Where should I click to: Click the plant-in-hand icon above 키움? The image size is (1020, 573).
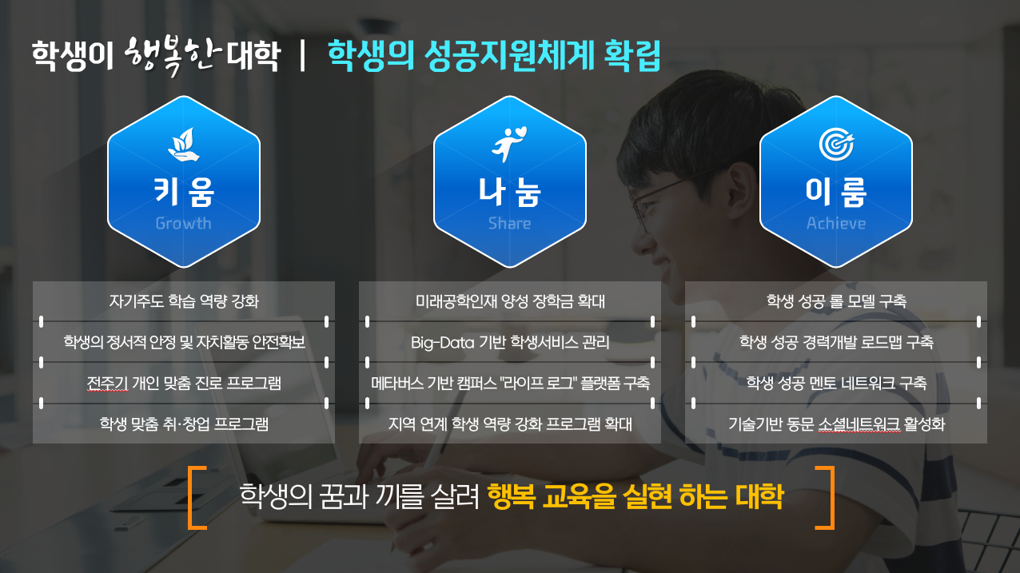(182, 145)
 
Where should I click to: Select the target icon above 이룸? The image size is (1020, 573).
(835, 145)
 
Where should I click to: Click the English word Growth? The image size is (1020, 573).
(183, 224)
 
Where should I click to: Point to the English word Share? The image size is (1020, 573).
(509, 224)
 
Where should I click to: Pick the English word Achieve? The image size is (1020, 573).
(835, 224)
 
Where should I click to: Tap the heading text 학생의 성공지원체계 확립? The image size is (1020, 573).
(494, 56)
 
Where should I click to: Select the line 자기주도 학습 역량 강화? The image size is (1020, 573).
(183, 302)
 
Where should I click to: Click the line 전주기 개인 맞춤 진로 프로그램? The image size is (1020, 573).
(183, 383)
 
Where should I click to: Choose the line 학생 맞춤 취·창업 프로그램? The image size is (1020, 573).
(183, 424)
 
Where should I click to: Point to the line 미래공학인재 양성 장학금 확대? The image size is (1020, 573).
(510, 302)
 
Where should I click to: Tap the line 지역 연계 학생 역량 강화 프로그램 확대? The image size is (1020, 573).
(510, 424)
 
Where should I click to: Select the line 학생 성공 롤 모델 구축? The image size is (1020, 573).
(836, 302)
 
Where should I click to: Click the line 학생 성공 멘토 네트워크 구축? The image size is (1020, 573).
(836, 383)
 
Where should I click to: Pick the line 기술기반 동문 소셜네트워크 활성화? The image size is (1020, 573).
(836, 424)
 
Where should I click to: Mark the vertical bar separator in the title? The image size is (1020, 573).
(302, 56)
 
